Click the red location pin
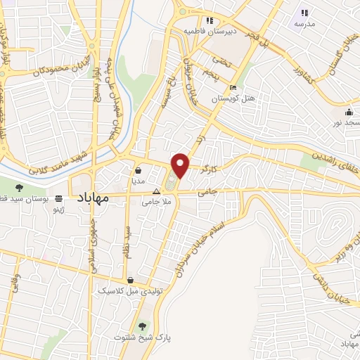click(181, 165)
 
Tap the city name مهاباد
click(91, 199)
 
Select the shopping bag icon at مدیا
click(138, 170)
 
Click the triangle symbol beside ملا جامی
click(157, 191)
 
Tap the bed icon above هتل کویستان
click(233, 88)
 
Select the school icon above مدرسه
click(304, 13)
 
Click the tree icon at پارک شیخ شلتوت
click(143, 326)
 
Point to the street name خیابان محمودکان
click(54, 71)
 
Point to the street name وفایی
click(14, 283)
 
